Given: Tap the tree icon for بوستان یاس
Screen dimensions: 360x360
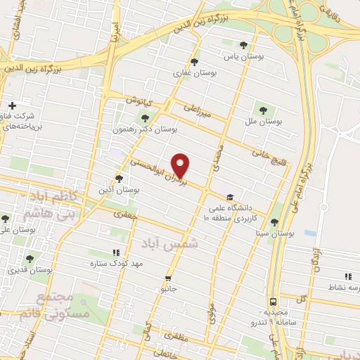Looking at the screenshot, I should [243, 44].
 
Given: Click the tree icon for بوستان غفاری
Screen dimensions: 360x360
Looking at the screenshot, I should [194, 63].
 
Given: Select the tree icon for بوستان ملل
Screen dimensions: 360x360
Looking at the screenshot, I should [263, 111].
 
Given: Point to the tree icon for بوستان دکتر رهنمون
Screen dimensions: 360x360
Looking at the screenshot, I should [146, 118].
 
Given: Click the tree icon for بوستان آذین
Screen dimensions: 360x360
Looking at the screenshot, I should [120, 179].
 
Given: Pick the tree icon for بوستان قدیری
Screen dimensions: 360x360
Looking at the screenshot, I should [30, 259].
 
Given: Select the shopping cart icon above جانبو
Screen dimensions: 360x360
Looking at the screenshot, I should [167, 277].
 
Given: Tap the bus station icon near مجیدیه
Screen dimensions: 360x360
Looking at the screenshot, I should [273, 300].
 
